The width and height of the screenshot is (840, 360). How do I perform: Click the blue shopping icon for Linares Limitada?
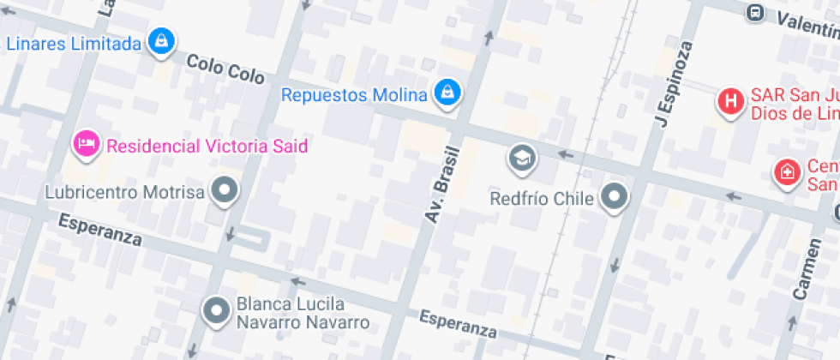point(160,39)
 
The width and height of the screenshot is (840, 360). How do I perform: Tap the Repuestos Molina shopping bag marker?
point(446,92)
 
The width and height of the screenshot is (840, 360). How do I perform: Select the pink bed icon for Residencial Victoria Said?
point(86,144)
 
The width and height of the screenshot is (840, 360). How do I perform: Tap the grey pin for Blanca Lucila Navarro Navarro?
point(216,310)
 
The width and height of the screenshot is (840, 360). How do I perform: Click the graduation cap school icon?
point(520,156)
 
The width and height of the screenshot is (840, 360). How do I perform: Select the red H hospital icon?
point(730,101)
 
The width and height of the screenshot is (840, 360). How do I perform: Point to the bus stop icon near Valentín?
point(755,12)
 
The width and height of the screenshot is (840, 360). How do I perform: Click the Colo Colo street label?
point(225,69)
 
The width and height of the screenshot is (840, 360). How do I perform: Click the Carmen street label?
point(807,268)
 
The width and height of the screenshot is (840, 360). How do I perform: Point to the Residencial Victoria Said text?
point(207,145)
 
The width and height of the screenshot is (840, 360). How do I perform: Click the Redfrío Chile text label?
point(542,199)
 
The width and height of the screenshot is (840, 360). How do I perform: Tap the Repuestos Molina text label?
point(354,94)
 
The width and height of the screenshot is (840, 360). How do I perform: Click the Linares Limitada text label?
point(72,43)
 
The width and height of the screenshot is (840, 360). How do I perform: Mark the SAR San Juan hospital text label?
point(793,103)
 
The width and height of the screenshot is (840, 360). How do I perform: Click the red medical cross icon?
point(785,172)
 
